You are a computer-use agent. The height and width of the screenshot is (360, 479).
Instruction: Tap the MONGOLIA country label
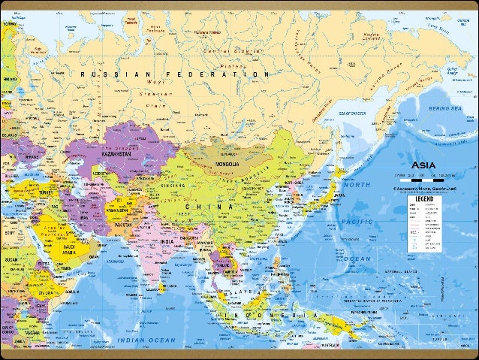coord(224,164)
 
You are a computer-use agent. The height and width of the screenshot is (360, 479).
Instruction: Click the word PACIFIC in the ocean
coord(357,222)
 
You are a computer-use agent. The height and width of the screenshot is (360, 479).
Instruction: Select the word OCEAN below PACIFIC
coord(358,259)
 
